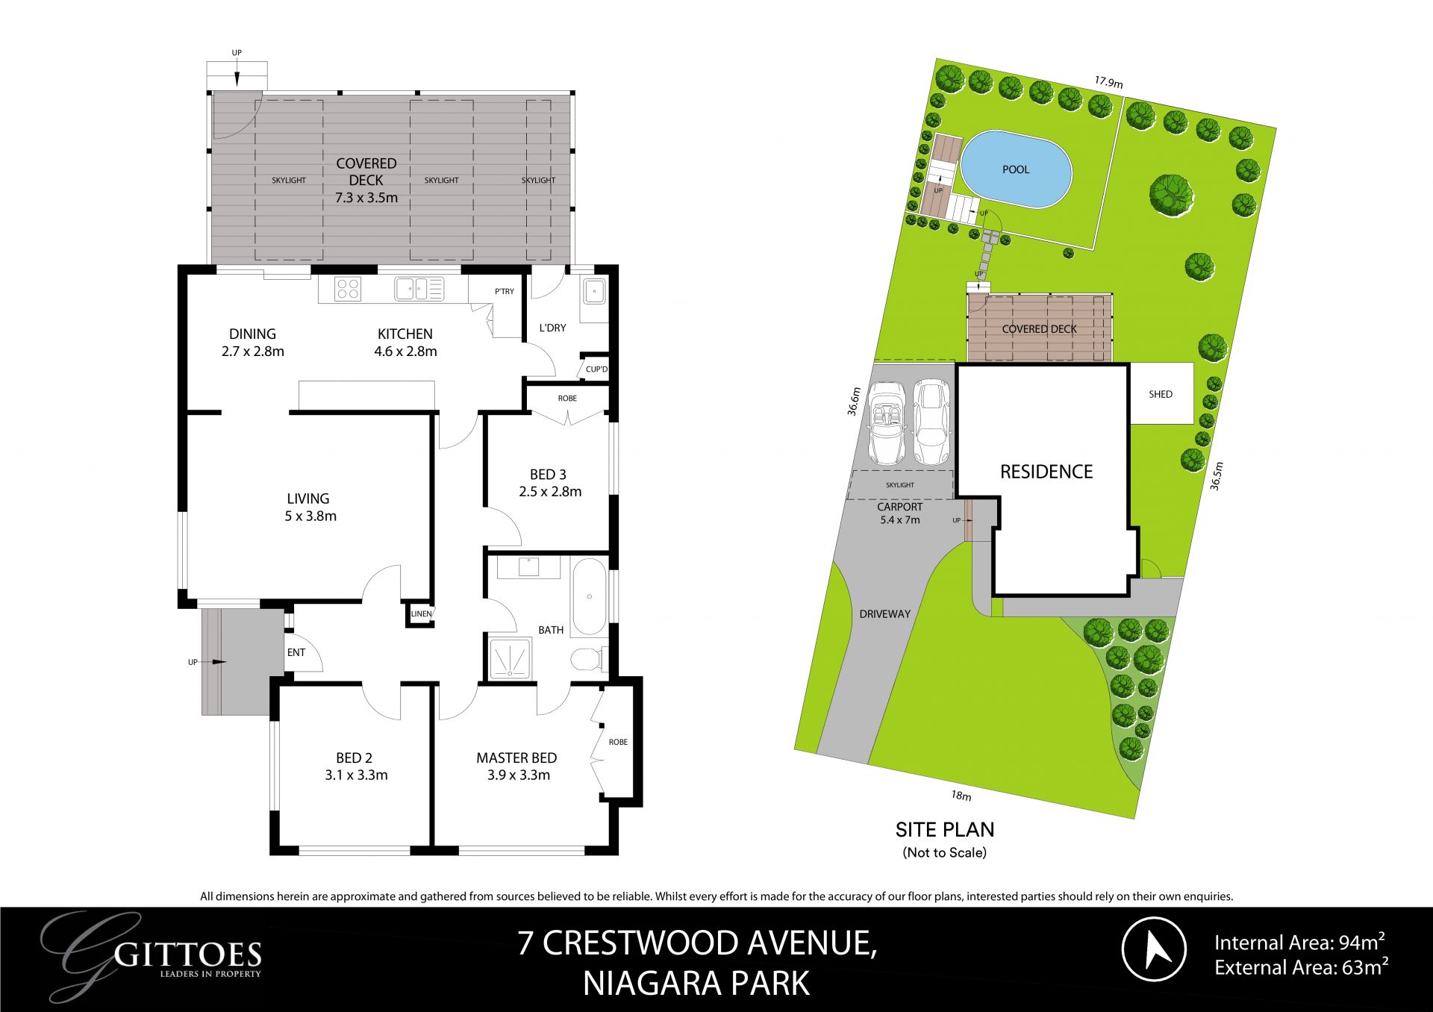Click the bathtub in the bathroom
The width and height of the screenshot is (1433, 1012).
tap(590, 597)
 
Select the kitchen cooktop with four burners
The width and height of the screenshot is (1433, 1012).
tap(348, 289)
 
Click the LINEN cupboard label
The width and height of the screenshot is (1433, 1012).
tap(421, 613)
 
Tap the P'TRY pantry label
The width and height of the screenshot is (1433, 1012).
tap(505, 291)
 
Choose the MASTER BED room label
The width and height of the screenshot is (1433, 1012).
tap(516, 758)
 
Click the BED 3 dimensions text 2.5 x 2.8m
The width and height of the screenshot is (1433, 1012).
tap(550, 492)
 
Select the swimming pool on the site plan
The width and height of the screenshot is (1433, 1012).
tap(1016, 170)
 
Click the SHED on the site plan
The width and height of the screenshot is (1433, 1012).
tap(1161, 393)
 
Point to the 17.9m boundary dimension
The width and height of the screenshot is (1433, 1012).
tap(1109, 82)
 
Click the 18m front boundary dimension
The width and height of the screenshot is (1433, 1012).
tap(961, 796)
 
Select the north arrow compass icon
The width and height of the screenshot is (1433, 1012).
tap(1154, 949)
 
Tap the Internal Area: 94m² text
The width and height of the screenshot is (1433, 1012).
tap(1299, 942)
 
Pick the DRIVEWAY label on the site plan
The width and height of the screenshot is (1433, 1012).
tap(885, 614)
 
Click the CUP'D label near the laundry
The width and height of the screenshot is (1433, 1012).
tap(596, 369)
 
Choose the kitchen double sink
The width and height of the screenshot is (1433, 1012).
tap(419, 289)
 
